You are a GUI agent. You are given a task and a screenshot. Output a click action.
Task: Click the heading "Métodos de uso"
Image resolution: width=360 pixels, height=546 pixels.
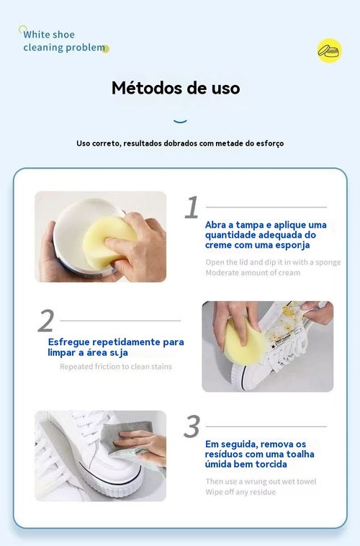coord(176,89)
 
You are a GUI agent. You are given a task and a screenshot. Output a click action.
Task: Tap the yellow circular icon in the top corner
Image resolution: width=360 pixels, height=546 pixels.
coord(329,51)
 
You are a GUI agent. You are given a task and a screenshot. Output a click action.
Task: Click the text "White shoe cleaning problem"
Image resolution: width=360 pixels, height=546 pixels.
coord(64,41)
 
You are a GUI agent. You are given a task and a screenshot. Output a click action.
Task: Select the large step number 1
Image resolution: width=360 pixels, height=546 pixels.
coord(192,207)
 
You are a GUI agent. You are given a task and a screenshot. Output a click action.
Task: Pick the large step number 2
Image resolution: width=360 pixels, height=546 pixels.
coord(46,321)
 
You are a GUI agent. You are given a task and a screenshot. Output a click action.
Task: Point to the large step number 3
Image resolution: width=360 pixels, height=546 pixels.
coord(192,427)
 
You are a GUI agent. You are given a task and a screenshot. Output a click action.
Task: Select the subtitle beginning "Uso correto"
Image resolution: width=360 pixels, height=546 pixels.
coord(180,143)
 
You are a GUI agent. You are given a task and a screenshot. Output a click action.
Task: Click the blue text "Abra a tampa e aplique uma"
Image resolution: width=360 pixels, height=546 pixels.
coord(266,225)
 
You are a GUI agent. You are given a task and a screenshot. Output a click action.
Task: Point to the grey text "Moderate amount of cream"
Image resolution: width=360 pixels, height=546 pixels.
coord(253,273)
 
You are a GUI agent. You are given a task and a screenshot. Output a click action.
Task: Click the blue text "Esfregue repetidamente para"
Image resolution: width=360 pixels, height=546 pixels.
coord(116,341)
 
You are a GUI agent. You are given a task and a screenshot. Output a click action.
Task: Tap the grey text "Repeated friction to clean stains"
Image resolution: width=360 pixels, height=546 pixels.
coord(116,367)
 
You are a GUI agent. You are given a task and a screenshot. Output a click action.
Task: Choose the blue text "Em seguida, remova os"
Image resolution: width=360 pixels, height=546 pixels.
coord(256,444)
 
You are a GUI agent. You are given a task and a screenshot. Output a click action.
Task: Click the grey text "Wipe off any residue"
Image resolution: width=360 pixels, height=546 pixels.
coord(240,492)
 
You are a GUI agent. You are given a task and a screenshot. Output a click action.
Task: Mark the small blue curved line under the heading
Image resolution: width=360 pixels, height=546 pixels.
coord(181,120)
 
